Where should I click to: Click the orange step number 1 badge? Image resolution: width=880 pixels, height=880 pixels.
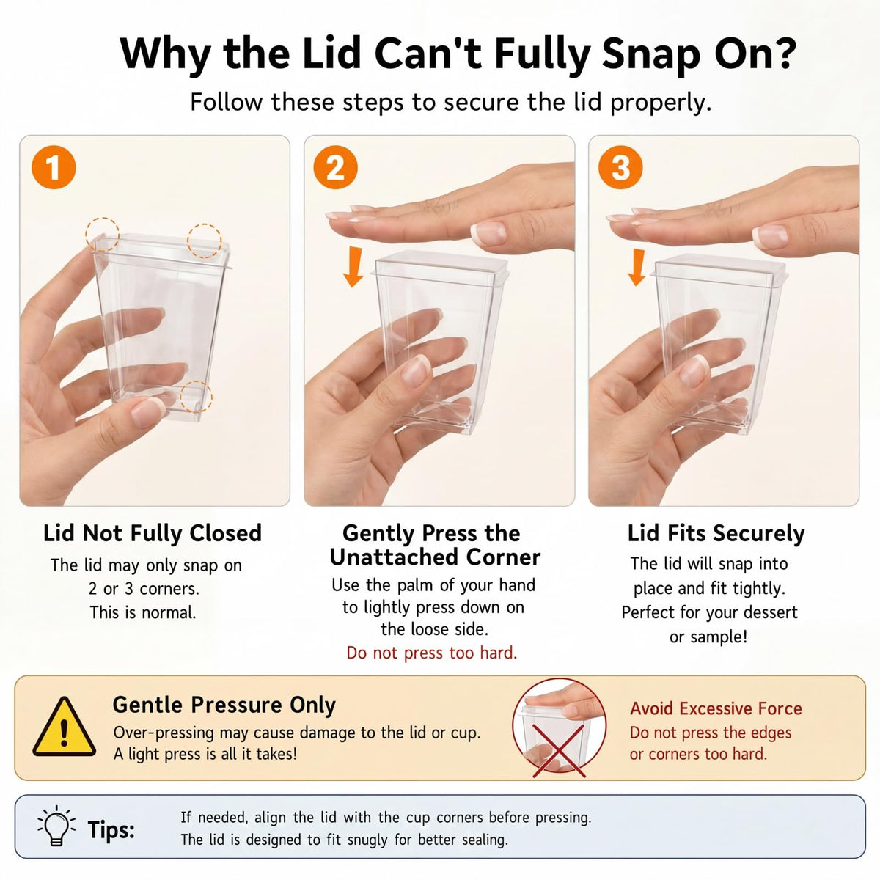(54, 167)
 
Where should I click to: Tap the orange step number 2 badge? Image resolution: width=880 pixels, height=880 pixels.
(336, 167)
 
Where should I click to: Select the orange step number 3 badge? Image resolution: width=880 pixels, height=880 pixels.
(620, 167)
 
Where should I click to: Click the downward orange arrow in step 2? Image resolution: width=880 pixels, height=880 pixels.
(353, 267)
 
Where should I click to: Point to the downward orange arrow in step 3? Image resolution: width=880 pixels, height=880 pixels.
(637, 267)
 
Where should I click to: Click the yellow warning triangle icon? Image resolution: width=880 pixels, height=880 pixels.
(65, 727)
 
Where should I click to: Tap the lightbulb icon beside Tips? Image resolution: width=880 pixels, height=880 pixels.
(56, 826)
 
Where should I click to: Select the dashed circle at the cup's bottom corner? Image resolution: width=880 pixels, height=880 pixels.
(196, 397)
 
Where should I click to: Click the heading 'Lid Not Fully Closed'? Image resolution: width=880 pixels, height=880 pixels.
(153, 533)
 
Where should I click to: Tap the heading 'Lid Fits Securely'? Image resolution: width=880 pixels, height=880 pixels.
(716, 533)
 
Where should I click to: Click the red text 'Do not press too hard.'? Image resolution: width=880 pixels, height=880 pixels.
(431, 653)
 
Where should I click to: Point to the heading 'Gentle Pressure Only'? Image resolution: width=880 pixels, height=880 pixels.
(224, 705)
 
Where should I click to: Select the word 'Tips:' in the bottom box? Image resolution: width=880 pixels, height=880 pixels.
(111, 829)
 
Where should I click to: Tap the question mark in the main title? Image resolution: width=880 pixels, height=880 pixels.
(781, 53)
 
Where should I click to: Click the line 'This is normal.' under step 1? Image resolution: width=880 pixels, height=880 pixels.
(143, 612)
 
